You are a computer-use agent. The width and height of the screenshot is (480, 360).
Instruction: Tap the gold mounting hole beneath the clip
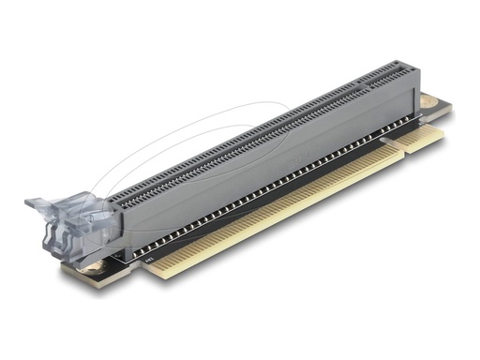93,272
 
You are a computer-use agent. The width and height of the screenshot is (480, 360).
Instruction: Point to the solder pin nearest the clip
132,245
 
